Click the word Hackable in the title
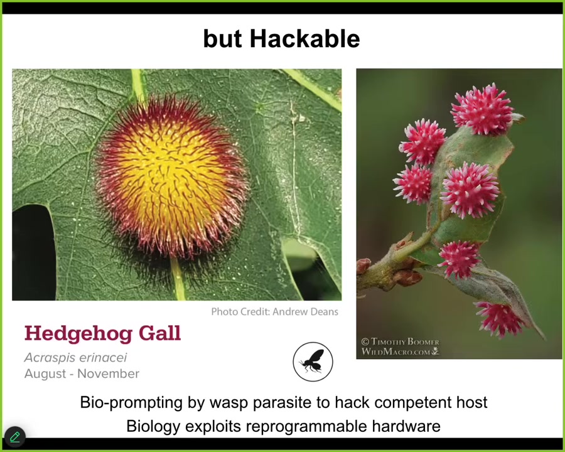pyautogui.click(x=305, y=38)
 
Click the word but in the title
pyautogui.click(x=222, y=38)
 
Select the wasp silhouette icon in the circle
pyautogui.click(x=313, y=362)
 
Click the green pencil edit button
pyautogui.click(x=15, y=437)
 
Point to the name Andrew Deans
pyautogui.click(x=305, y=311)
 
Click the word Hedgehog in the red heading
pyautogui.click(x=78, y=334)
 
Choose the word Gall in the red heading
pyautogui.click(x=159, y=333)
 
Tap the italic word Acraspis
pyautogui.click(x=50, y=358)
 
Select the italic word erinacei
pyautogui.click(x=103, y=358)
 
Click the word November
pyautogui.click(x=109, y=374)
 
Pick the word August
pyautogui.click(x=45, y=374)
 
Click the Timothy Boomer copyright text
pyautogui.click(x=400, y=342)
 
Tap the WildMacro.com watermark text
pyautogui.click(x=400, y=352)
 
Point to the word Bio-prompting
pyautogui.click(x=131, y=402)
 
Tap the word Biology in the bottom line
pyautogui.click(x=153, y=426)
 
